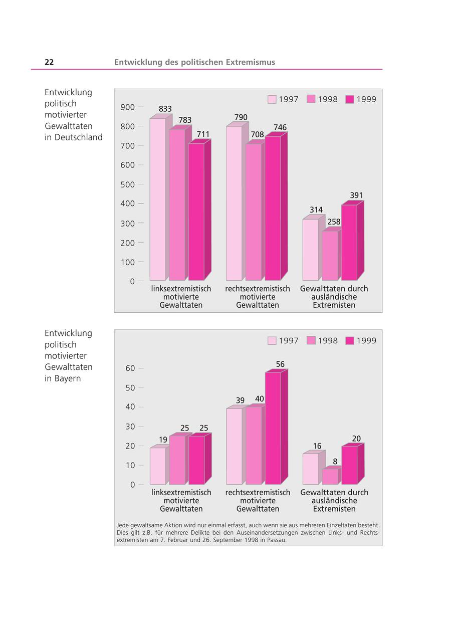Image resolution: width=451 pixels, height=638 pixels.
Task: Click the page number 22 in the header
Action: coord(49,62)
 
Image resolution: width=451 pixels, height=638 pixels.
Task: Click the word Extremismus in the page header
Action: coord(251,62)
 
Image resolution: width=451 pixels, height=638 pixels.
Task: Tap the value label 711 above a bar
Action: coord(203,134)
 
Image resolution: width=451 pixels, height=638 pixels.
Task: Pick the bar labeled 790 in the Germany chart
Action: coord(234,203)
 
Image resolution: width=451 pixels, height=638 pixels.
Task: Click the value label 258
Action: coord(334,222)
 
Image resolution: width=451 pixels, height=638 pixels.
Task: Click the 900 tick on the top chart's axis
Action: coord(128,107)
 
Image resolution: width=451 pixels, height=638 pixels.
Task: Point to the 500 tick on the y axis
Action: coord(128,184)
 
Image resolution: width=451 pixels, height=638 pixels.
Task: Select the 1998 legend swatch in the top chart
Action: coord(311,99)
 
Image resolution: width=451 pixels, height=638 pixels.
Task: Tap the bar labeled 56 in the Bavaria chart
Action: coord(273,428)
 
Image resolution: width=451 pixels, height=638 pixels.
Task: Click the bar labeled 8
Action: coord(330,476)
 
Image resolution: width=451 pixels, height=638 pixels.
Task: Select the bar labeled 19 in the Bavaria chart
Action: coord(158,466)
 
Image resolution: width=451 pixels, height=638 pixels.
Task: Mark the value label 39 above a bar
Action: coord(240,400)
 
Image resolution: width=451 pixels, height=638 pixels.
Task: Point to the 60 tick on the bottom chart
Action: coord(130,368)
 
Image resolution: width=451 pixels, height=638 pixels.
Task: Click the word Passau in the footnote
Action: coord(276,540)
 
